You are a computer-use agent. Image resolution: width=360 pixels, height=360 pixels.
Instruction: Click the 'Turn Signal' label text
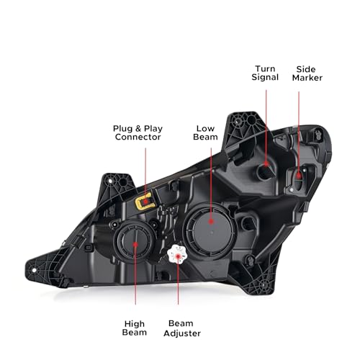point(265,73)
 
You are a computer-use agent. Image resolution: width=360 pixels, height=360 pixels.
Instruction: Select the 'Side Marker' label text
point(307,73)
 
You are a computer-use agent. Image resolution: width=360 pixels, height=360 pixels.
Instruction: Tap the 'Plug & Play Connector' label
point(138,132)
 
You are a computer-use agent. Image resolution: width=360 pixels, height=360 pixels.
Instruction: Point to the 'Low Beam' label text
point(205,132)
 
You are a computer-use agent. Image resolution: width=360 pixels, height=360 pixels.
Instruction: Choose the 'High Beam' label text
point(135,328)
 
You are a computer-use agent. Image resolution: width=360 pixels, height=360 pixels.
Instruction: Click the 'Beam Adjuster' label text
point(182,328)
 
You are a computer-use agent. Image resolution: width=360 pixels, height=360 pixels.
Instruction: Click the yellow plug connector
point(144,201)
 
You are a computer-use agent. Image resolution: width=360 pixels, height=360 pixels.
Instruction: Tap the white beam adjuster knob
point(176,255)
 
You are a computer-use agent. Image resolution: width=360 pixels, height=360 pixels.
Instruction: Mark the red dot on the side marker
point(299,176)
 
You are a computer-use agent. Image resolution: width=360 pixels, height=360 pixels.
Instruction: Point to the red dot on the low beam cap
point(211,221)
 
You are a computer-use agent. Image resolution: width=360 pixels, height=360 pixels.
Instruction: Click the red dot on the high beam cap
point(135,244)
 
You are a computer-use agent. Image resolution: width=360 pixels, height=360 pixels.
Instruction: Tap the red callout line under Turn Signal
point(266,127)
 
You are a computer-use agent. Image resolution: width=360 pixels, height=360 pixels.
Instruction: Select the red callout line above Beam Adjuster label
point(178,282)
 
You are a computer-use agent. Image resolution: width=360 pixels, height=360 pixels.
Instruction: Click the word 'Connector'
point(138,138)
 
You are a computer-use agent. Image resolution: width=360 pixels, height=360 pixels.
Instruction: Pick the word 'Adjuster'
point(182,333)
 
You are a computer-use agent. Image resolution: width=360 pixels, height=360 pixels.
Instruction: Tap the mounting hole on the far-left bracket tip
point(34,271)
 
